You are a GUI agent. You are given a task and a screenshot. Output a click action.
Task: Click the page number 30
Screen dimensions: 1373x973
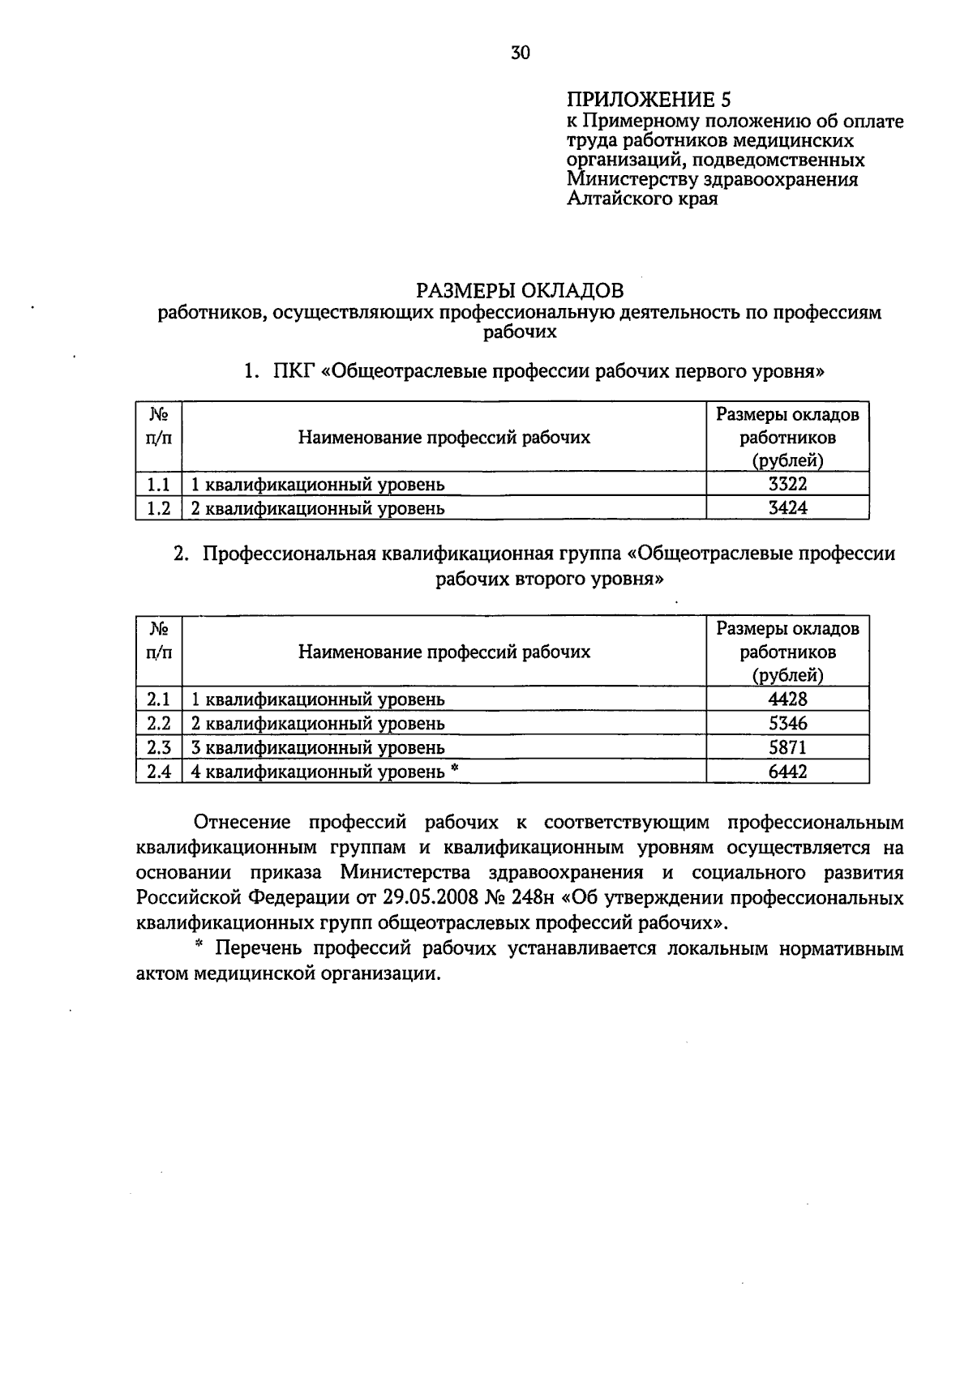[x=520, y=53]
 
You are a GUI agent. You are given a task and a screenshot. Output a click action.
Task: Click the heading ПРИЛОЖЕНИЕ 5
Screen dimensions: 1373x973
[x=648, y=100]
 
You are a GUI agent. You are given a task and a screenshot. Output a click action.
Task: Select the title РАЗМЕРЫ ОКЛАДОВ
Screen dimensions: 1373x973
[x=520, y=290]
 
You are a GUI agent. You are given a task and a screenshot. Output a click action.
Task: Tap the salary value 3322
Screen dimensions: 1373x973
[x=787, y=484]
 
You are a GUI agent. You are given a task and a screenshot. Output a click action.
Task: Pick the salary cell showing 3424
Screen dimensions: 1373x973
[x=787, y=508]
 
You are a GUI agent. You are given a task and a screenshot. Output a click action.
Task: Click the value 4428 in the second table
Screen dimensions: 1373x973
[x=787, y=699]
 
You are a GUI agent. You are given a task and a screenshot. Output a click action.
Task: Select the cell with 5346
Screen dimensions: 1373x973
[x=787, y=723]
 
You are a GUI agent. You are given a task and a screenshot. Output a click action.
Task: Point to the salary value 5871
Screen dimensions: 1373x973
[x=787, y=747]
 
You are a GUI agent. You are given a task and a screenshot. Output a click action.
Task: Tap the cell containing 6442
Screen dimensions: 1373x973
[x=787, y=772]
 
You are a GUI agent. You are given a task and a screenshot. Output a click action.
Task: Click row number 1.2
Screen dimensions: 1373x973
[x=159, y=508]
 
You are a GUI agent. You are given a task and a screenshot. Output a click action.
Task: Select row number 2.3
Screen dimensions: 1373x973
[x=159, y=747]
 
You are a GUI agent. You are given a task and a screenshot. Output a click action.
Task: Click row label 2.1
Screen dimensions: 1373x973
[x=159, y=699]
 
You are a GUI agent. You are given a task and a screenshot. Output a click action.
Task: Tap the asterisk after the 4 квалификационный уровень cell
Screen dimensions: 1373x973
[x=455, y=769]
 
